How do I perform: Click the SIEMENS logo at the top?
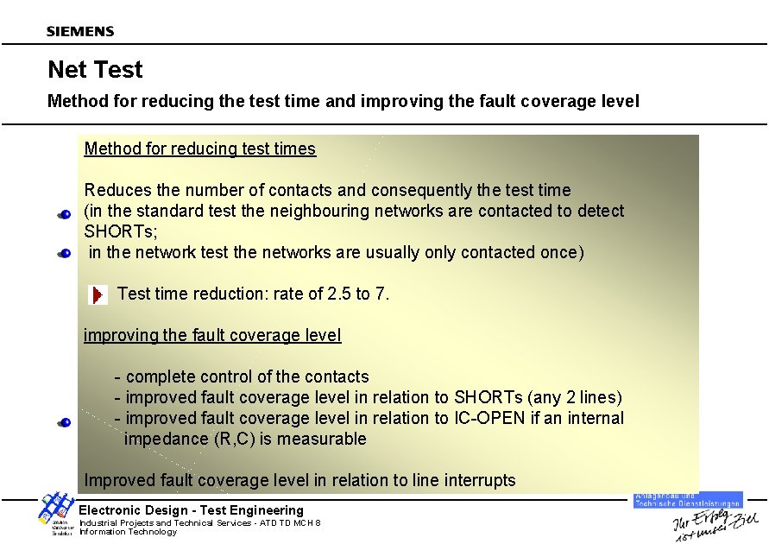(80, 31)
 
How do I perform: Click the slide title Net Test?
(95, 69)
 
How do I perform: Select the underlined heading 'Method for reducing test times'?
(200, 149)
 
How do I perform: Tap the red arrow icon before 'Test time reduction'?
(98, 294)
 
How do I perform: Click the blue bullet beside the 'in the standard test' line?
(65, 214)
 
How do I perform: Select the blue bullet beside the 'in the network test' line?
(65, 254)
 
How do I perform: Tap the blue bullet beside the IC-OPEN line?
(65, 422)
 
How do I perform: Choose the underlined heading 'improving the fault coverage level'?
(212, 335)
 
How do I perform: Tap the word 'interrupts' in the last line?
(479, 480)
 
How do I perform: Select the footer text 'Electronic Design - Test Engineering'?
(192, 510)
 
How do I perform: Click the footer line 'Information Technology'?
(128, 532)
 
